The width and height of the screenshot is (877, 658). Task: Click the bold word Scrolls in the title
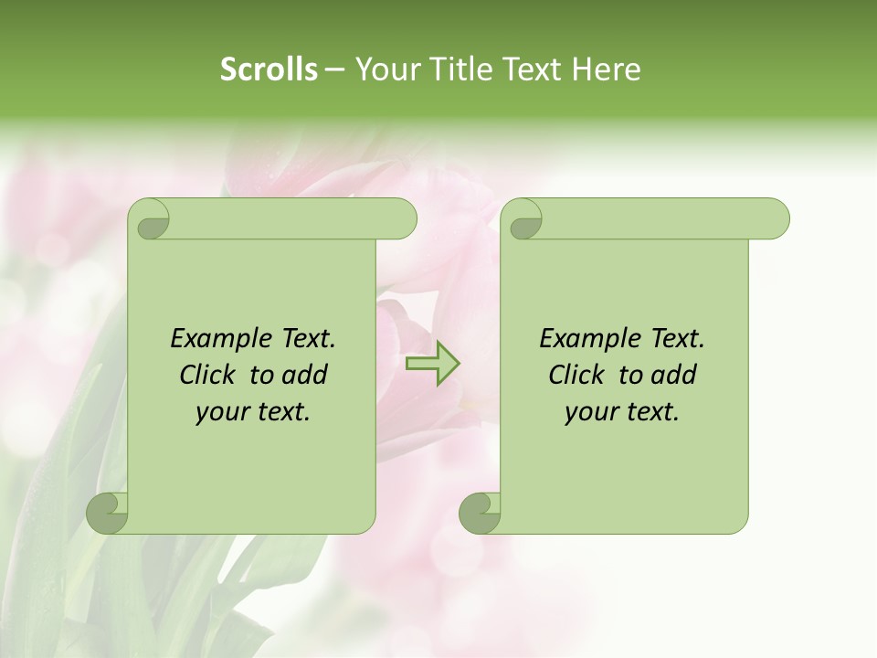[x=269, y=69]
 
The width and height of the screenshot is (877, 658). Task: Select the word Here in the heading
[x=606, y=69]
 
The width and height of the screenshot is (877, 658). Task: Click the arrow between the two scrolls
[x=432, y=364]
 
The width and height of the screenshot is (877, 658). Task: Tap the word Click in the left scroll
[x=209, y=375]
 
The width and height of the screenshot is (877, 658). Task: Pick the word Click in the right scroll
[x=577, y=375]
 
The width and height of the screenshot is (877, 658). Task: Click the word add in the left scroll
[x=305, y=375]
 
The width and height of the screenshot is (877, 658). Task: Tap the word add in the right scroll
[x=674, y=375]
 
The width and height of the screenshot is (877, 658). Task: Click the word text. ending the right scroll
[x=651, y=412]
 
